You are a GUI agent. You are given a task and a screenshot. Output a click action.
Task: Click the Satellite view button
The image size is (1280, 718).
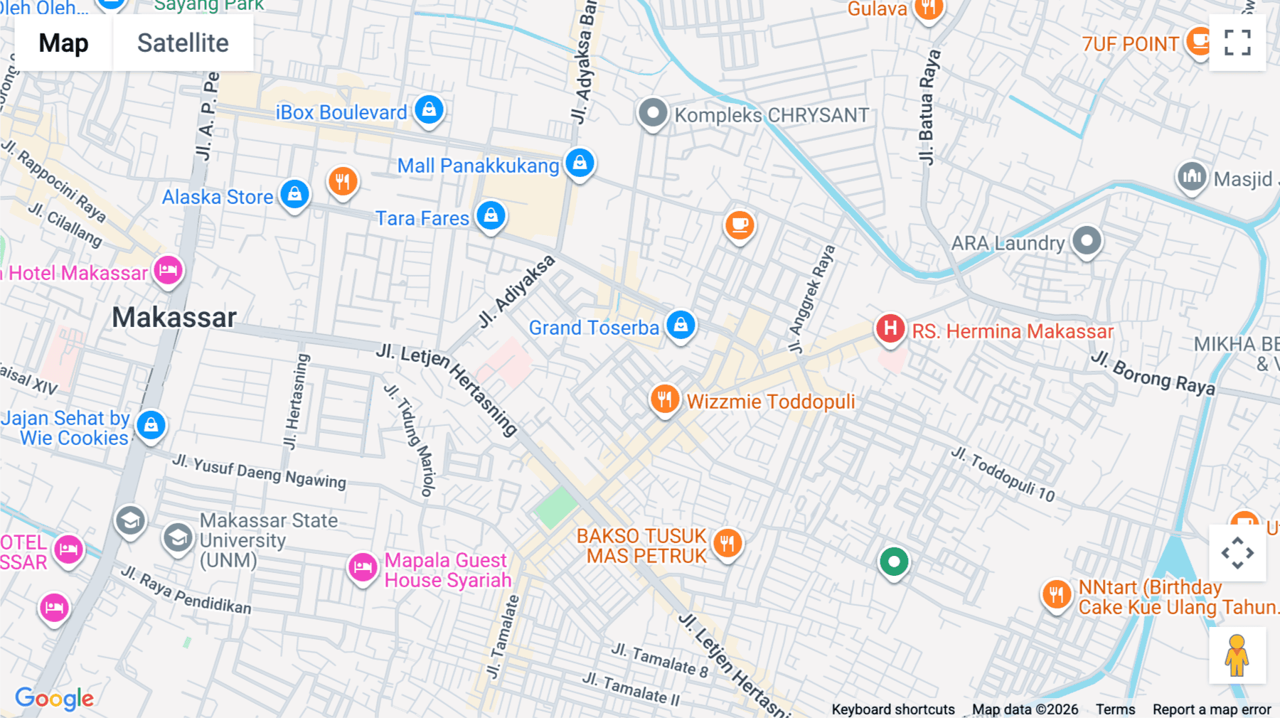click(x=183, y=43)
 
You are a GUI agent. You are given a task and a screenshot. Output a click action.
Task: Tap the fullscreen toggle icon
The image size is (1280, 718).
click(x=1237, y=43)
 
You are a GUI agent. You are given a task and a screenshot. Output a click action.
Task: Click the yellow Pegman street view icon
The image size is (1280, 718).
click(x=1237, y=655)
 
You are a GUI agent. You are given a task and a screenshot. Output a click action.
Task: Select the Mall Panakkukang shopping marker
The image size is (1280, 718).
click(x=580, y=164)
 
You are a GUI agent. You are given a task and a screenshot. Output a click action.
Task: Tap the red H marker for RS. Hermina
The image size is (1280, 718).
click(x=890, y=328)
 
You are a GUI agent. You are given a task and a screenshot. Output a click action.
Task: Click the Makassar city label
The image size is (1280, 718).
click(x=174, y=317)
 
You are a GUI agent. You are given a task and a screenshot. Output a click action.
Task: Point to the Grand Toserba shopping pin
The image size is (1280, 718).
click(x=681, y=325)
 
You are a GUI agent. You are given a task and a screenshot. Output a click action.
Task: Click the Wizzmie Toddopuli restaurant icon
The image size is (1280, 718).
click(x=664, y=400)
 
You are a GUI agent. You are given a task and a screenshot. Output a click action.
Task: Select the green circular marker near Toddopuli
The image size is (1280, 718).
click(x=894, y=562)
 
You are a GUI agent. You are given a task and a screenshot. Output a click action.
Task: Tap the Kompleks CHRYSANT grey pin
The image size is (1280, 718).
click(x=652, y=113)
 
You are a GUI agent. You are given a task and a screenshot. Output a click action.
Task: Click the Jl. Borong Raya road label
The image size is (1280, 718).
click(x=1153, y=373)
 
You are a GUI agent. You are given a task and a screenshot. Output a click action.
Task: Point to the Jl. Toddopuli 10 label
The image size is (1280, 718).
click(x=1003, y=474)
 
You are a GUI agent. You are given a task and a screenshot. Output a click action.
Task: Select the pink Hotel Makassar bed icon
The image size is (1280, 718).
click(x=168, y=271)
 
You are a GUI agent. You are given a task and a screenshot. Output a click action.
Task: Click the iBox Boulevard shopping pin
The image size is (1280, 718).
click(x=429, y=110)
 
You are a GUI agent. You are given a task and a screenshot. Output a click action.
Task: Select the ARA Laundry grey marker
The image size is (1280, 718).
click(x=1086, y=241)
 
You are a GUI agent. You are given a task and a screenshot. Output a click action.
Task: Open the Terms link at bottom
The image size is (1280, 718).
click(x=1114, y=709)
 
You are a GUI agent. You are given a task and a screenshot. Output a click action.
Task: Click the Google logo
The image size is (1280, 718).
click(x=55, y=698)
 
